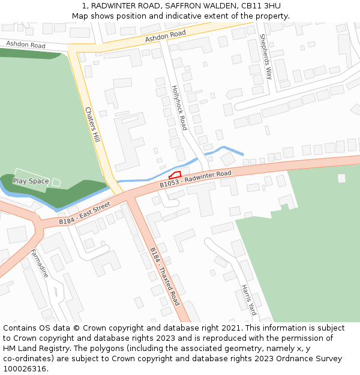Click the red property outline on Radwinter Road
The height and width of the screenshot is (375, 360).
[x=175, y=175]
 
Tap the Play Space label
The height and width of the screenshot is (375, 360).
[x=31, y=181]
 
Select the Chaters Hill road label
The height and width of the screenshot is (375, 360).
[x=92, y=125]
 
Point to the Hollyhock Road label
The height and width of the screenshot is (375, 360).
[x=179, y=107]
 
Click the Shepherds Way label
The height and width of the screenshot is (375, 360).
[x=265, y=56]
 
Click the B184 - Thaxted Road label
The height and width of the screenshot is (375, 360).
[x=164, y=276]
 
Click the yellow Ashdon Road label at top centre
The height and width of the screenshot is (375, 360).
[x=165, y=37]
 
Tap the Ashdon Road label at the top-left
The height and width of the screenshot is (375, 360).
[x=26, y=45]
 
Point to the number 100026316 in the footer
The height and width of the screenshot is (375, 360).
[x=24, y=369]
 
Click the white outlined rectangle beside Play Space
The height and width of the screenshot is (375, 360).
[x=56, y=182]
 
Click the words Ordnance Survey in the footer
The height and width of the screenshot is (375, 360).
[x=311, y=359]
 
